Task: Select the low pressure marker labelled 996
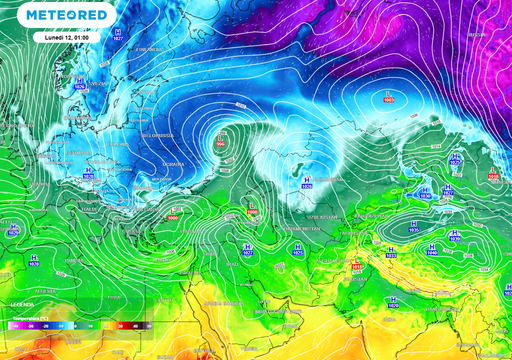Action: [222, 141]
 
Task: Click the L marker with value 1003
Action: [388, 97]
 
